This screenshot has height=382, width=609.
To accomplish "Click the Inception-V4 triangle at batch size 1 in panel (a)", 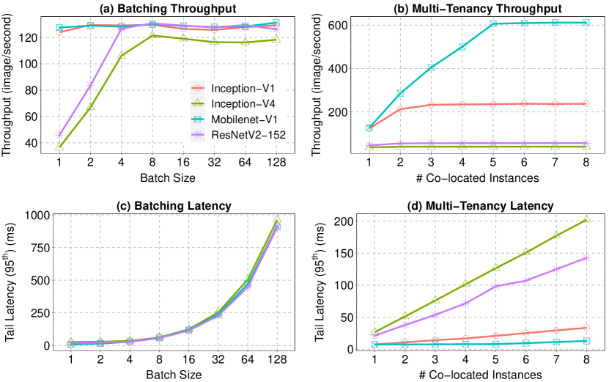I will pos(59,147).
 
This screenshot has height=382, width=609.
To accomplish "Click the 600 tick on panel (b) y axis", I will pos(358,25).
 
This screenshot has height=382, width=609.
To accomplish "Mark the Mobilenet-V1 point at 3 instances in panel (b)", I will pos(431,67).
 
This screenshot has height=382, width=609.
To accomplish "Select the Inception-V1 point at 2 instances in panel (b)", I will pos(400,109).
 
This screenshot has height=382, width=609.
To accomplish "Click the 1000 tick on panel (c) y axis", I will pos(51,215).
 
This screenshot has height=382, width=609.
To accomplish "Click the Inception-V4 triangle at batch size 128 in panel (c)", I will pos(278,219).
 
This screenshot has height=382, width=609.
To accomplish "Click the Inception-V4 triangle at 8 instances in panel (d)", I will pos(586,219).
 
